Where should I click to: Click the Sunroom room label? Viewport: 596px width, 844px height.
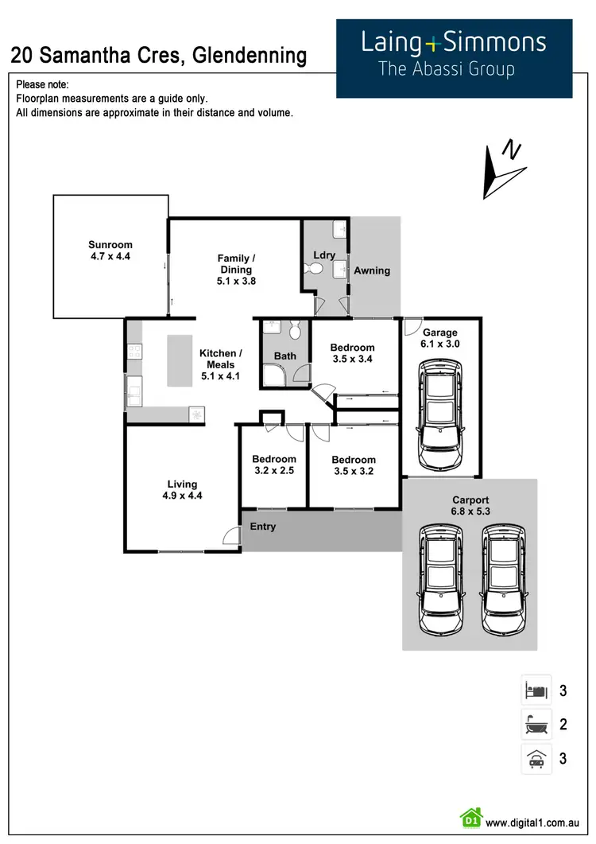[x=110, y=245]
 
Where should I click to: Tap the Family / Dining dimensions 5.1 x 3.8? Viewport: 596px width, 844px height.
[x=237, y=281]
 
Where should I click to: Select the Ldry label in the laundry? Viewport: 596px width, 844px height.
[x=324, y=255]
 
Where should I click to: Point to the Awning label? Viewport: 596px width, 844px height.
[x=372, y=270]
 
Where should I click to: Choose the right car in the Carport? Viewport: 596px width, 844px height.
[x=503, y=579]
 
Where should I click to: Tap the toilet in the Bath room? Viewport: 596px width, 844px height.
[x=296, y=330]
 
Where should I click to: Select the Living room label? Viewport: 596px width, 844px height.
[x=182, y=484]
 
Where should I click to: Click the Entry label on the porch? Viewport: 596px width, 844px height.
[x=263, y=527]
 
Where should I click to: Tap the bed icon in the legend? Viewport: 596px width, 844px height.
[x=536, y=690]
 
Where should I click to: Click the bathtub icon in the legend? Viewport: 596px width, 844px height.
[x=536, y=724]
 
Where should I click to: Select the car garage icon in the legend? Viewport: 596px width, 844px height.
[x=536, y=759]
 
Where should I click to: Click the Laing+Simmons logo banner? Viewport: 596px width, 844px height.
[x=454, y=58]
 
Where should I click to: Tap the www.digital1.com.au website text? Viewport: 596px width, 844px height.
[x=536, y=823]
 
